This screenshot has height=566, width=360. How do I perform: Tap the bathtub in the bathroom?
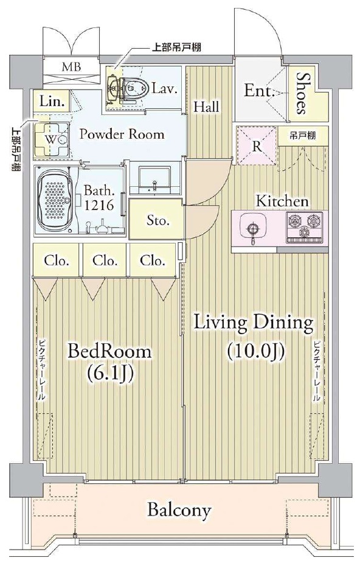point(55,200)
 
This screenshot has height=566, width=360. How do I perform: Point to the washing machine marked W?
point(52,140)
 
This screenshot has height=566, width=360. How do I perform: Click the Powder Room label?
point(122,135)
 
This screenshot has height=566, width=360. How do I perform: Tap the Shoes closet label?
point(303,94)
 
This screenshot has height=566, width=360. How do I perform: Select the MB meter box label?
point(71,67)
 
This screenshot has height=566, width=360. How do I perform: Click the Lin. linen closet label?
point(52,102)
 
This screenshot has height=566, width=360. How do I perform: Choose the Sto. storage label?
point(158,220)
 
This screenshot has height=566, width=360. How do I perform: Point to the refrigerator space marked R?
point(257,146)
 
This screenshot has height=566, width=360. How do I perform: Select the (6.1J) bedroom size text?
point(111,374)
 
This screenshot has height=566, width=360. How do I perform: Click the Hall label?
point(206,107)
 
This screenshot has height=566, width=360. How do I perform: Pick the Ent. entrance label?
point(260,91)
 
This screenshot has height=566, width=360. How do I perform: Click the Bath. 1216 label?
point(99,198)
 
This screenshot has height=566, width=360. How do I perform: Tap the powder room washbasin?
point(154,180)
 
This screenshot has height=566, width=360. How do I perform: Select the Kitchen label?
point(282,201)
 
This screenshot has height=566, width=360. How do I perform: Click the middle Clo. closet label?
point(105,260)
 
